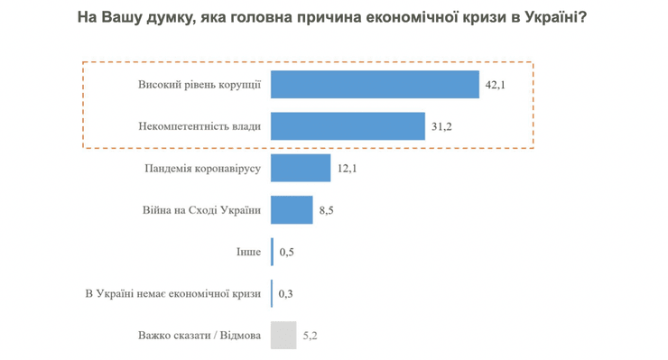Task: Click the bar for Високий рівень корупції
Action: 375,84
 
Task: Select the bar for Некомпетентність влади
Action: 348,126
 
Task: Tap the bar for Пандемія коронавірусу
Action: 301,168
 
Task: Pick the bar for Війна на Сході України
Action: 292,210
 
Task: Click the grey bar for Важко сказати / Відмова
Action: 283,336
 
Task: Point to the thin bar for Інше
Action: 272,252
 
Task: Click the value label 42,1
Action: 496,85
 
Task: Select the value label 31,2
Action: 441,127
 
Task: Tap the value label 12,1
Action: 348,169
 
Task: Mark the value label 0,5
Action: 286,253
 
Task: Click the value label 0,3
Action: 286,294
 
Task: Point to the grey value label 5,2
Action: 308,337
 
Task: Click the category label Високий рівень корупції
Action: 199,85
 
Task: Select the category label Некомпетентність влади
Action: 200,127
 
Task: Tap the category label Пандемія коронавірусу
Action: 202,169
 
